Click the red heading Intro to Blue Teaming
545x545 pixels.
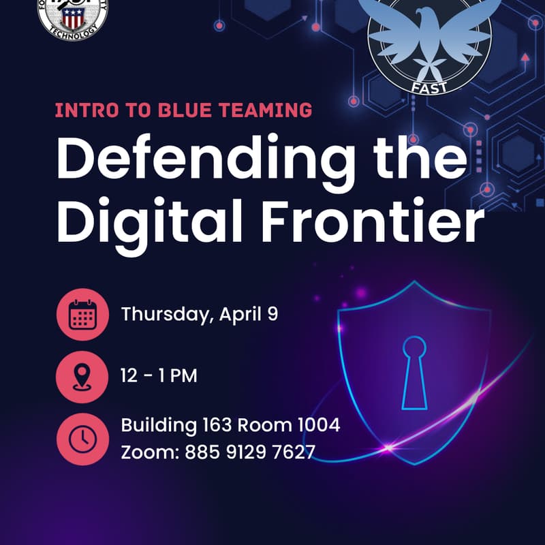pyautogui.click(x=183, y=110)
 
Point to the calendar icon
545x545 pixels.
pyautogui.click(x=82, y=315)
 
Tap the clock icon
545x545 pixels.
pyautogui.click(x=82, y=439)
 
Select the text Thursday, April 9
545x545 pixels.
pyautogui.click(x=200, y=314)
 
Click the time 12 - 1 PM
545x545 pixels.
pyautogui.click(x=159, y=375)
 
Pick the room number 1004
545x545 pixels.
pyautogui.click(x=319, y=426)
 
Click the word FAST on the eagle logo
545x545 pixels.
pyautogui.click(x=429, y=87)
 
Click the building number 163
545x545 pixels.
pyautogui.click(x=217, y=426)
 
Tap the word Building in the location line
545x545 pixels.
pyautogui.click(x=158, y=426)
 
